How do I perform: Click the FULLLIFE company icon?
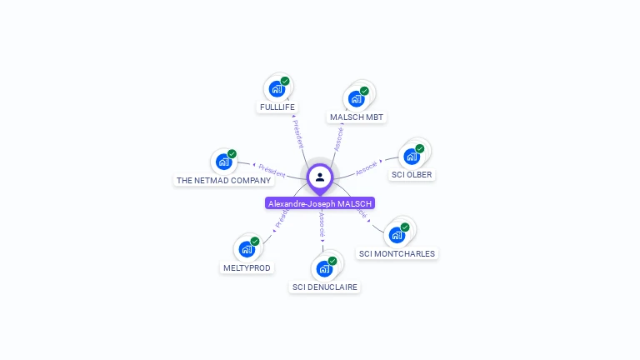[277, 88]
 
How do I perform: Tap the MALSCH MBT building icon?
[357, 98]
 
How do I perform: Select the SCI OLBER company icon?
[412, 156]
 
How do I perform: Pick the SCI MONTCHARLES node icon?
[397, 234]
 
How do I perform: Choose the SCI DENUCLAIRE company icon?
[324, 268]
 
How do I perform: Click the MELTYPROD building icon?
[247, 248]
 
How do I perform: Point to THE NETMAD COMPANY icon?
[223, 162]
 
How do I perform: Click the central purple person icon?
[320, 177]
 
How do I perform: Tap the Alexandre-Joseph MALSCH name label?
[320, 203]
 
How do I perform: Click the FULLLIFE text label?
[277, 107]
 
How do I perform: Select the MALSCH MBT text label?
[357, 117]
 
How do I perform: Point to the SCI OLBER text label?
[412, 175]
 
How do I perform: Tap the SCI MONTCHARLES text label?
[397, 253]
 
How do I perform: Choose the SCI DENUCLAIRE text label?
[324, 287]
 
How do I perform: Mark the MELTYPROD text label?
[247, 267]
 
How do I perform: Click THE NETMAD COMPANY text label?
[223, 181]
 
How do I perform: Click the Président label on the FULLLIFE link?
[297, 133]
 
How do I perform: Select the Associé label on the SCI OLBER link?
[367, 167]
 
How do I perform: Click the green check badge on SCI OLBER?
[420, 148]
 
